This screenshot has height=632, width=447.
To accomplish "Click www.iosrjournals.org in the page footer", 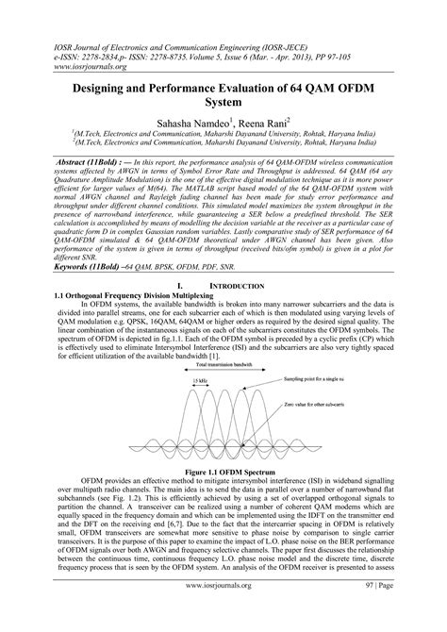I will click(x=223, y=611).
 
